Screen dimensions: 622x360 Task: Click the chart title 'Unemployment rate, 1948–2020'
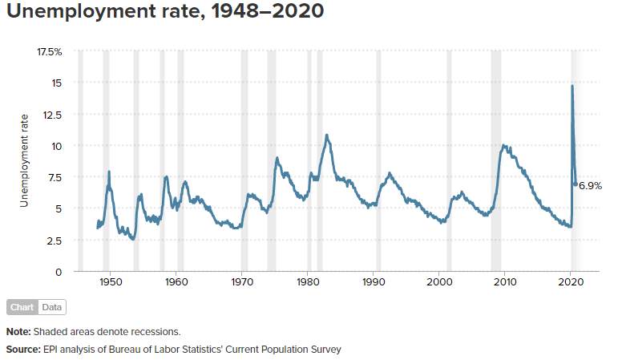(165, 10)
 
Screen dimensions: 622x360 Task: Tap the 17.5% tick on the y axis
(50, 52)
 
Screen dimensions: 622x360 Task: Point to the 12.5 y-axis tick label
(54, 115)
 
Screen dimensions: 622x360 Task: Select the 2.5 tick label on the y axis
(55, 241)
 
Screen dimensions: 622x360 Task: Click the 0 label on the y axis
(59, 273)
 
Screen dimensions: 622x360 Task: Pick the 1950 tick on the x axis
(111, 282)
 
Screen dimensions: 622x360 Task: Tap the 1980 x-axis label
(308, 282)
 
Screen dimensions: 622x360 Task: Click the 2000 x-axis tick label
(439, 282)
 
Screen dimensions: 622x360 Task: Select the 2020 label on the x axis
(571, 282)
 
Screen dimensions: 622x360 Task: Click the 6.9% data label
(590, 185)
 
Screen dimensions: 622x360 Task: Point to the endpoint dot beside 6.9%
(576, 184)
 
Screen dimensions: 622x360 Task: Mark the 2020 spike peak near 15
(572, 86)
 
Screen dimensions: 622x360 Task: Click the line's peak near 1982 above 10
(326, 136)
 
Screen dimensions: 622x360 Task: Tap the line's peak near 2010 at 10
(503, 146)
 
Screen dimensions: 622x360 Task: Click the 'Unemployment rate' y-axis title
(24, 160)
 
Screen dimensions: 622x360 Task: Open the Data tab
(52, 307)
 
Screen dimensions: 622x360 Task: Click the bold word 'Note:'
(18, 332)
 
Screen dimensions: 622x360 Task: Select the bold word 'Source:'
(23, 350)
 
